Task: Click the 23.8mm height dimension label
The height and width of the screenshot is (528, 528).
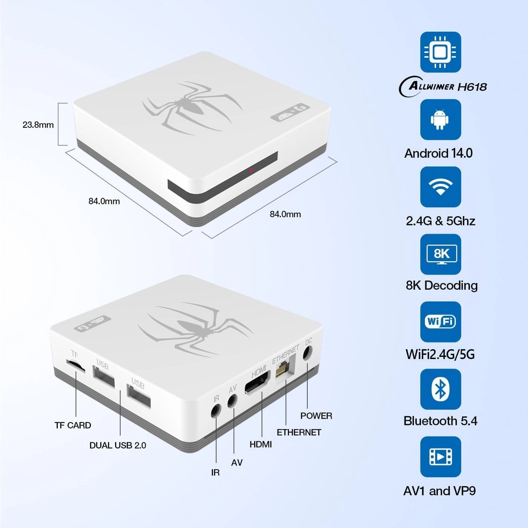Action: click(x=38, y=125)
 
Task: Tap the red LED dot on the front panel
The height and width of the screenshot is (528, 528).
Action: click(x=251, y=170)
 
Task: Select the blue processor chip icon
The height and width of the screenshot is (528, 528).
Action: click(x=441, y=52)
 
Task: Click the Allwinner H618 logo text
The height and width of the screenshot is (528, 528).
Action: click(x=444, y=87)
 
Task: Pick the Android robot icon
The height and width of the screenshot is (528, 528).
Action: click(x=441, y=120)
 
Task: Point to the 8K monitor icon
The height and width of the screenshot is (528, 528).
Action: click(x=441, y=254)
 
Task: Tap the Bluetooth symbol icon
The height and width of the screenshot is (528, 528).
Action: click(x=441, y=389)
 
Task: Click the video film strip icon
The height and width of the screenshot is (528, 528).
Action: click(x=441, y=457)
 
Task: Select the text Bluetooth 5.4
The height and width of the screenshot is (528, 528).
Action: click(x=440, y=421)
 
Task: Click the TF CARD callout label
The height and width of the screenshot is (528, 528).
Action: click(x=73, y=425)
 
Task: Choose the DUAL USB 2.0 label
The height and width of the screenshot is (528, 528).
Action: click(x=118, y=445)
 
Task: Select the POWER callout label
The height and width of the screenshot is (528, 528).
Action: click(x=316, y=416)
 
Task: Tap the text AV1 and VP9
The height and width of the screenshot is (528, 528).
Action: click(x=439, y=491)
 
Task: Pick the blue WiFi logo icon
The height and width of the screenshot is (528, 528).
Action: click(x=441, y=322)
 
